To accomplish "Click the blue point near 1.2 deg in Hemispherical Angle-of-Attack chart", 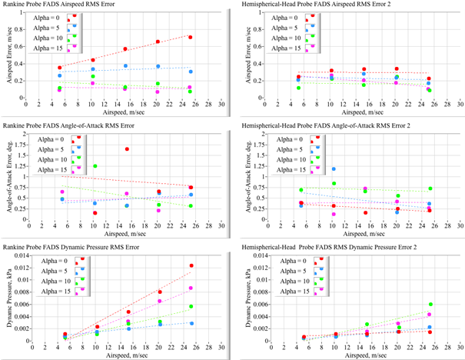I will (334, 168).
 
